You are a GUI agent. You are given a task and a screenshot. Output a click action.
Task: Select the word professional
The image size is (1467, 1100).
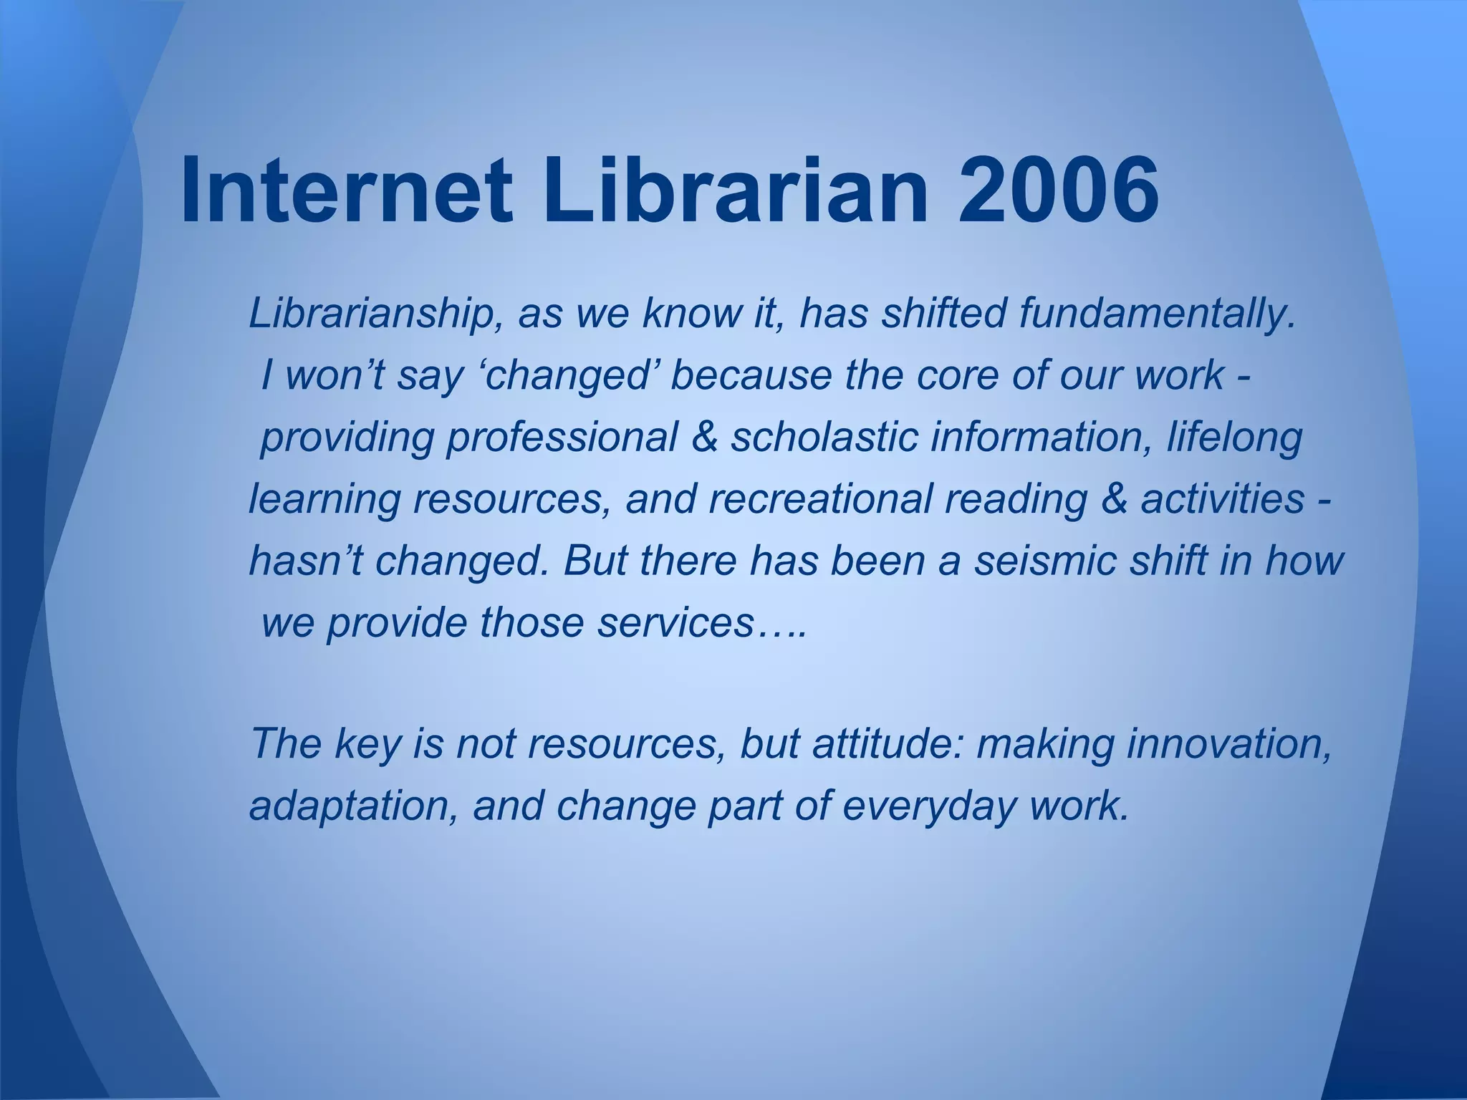562,438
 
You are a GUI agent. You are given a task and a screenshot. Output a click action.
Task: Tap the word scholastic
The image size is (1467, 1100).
824,438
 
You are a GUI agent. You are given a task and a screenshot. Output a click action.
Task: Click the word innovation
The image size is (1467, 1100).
1228,745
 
